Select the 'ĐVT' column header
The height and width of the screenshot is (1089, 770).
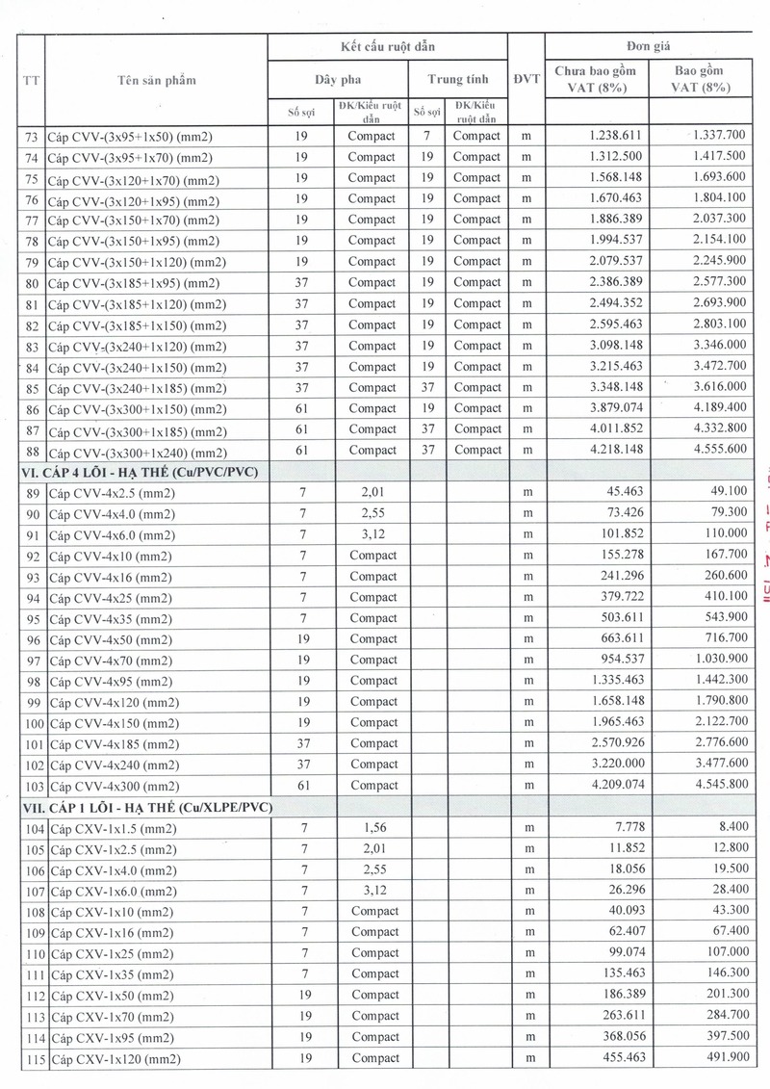point(526,79)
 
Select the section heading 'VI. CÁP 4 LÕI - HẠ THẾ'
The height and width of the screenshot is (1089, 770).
point(142,471)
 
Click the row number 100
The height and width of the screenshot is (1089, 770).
point(33,723)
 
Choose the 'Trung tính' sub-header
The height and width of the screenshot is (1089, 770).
point(457,79)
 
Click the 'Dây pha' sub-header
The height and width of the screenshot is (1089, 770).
point(338,79)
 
